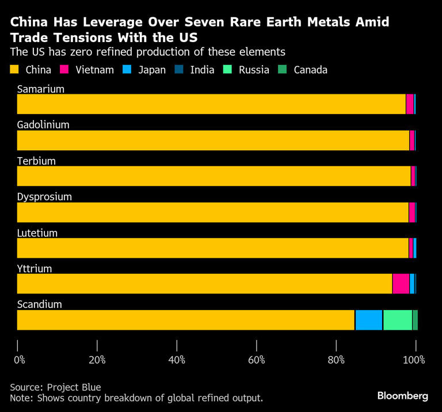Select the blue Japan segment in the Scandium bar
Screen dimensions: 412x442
[x=368, y=320]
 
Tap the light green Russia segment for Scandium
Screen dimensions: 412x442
[x=397, y=320]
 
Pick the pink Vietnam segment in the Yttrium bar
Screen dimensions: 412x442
[x=401, y=284]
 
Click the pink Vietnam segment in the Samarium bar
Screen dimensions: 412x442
[x=409, y=104]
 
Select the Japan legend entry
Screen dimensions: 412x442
[x=153, y=70]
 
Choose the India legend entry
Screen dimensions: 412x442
[x=202, y=70]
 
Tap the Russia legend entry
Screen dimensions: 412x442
[x=254, y=70]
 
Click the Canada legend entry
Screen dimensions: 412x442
[x=310, y=70]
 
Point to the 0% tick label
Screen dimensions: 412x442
[x=20, y=360]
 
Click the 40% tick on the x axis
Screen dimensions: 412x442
[x=177, y=360]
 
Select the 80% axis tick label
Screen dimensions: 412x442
[x=336, y=360]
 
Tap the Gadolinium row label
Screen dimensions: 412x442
[x=43, y=125]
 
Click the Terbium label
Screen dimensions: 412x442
[x=36, y=161]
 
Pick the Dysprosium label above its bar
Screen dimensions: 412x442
[x=44, y=197]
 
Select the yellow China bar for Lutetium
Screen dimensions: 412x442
[x=212, y=248]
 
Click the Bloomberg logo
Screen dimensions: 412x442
[x=402, y=396]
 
